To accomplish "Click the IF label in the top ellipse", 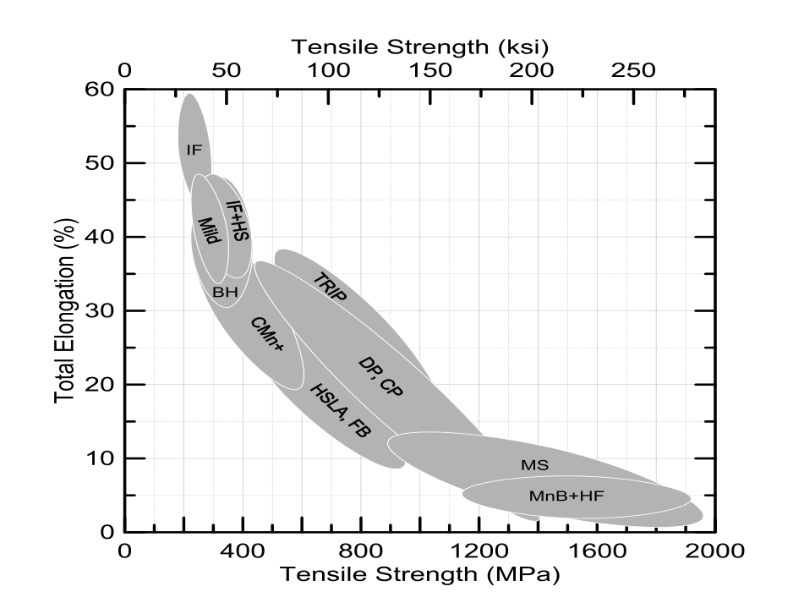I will (x=194, y=150).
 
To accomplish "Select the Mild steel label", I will (x=209, y=229).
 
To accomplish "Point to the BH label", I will (x=225, y=293).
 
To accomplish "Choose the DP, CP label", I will (x=381, y=377).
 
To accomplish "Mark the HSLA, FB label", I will (x=340, y=411).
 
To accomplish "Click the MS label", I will (x=534, y=464).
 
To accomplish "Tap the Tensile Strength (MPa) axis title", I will (x=420, y=575).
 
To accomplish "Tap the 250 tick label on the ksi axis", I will (x=632, y=70).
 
